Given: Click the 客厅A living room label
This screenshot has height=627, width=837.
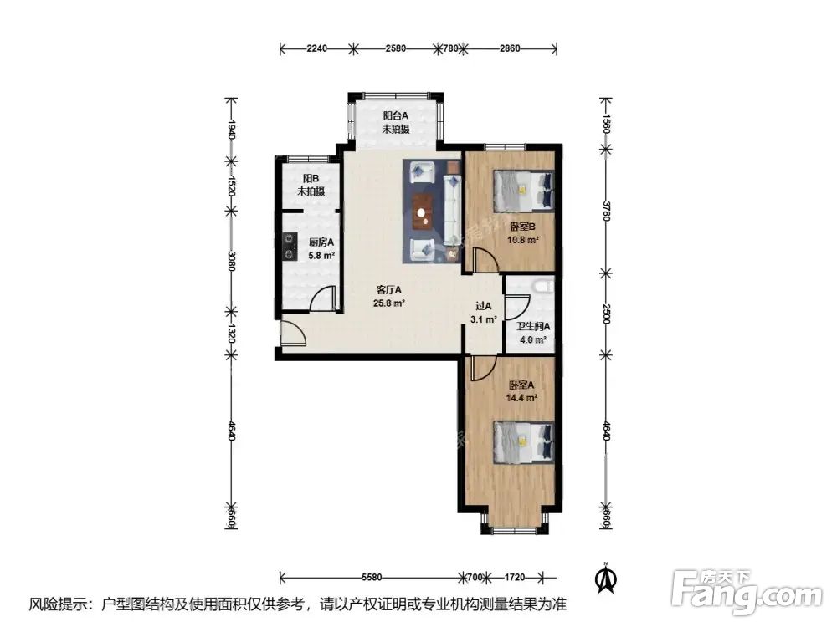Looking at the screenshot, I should point(389,290).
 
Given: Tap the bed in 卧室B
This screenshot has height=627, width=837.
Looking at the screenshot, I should point(523,191).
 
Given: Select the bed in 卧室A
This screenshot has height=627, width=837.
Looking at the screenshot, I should point(523,441).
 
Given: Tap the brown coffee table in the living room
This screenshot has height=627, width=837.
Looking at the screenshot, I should point(423,211).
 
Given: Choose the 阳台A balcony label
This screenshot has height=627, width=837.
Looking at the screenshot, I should point(395,116).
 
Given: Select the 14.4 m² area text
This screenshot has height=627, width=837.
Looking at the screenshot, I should point(522,399).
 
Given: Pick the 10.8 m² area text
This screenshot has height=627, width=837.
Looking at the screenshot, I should point(522,239).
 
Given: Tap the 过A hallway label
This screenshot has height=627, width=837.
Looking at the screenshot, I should point(485,307).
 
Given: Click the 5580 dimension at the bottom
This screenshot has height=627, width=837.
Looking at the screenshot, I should point(372,577).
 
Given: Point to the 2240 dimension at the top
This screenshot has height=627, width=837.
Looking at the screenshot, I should point(316,48).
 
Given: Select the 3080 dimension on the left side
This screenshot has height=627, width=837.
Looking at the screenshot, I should point(232,268).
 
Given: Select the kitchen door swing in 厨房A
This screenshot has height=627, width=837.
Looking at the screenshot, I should point(325,298).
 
